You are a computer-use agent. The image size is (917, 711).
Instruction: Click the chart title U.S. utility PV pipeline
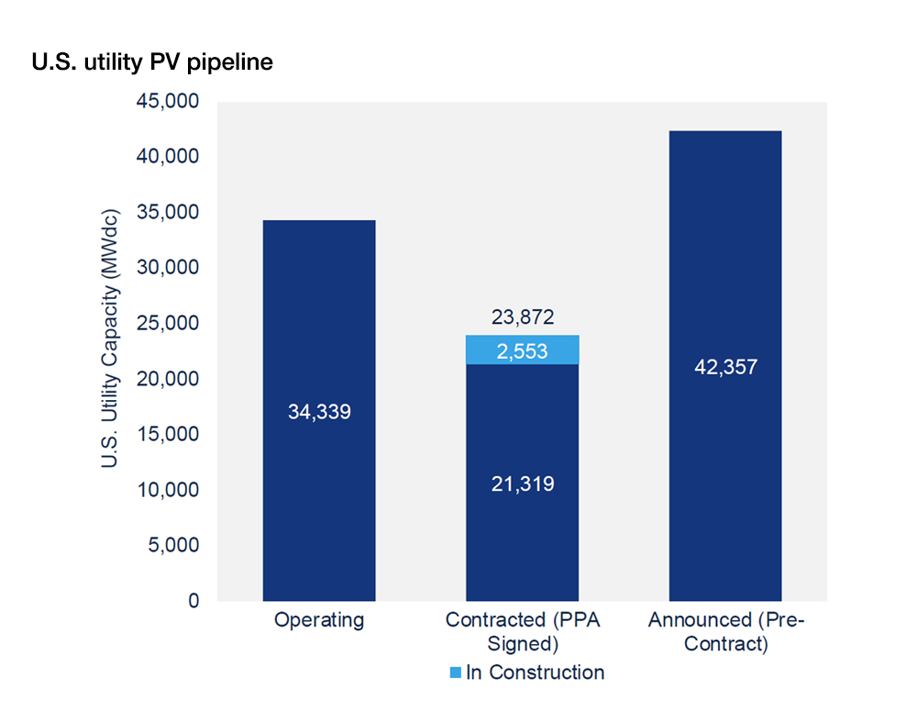[152, 62]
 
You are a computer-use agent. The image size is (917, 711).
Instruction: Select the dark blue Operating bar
[319, 410]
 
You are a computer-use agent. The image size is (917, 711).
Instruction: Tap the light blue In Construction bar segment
[523, 350]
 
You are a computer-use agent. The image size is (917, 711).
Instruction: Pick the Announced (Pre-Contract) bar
[725, 366]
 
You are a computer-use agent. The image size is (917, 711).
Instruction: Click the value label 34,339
[319, 412]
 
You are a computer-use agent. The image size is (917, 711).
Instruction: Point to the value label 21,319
[523, 484]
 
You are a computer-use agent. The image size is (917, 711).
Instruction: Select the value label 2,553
[523, 351]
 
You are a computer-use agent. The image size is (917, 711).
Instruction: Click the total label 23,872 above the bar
[523, 317]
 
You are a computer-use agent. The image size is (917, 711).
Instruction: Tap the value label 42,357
[725, 367]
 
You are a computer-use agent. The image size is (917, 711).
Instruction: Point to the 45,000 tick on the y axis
[168, 101]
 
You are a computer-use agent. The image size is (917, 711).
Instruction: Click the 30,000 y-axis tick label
[168, 268]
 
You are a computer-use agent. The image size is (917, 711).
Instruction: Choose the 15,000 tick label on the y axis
[168, 434]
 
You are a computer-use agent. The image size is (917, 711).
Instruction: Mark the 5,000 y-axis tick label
[173, 545]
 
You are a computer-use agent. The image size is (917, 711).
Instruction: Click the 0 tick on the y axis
[193, 601]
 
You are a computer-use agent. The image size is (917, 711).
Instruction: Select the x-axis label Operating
[319, 619]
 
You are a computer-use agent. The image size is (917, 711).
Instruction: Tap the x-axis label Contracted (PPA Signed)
[523, 631]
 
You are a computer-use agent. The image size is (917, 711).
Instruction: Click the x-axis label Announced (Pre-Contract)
[726, 631]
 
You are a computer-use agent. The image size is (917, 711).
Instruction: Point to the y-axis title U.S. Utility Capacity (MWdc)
[109, 339]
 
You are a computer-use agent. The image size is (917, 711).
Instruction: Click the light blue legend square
[455, 672]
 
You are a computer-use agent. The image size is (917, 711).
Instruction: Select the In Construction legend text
[536, 672]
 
